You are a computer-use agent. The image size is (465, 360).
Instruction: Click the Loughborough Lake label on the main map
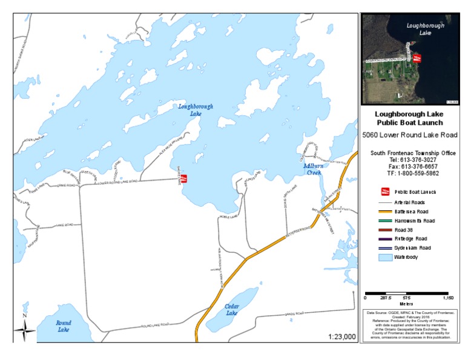tap(196, 110)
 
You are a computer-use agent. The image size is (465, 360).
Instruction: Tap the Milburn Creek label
tap(314, 169)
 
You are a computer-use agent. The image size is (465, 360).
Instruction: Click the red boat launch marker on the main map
tap(185, 178)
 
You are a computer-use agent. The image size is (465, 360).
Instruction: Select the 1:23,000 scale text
tap(341, 337)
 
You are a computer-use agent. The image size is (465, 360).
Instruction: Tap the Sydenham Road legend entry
tap(412, 248)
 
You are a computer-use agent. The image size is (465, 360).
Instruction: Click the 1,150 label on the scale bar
tap(447, 298)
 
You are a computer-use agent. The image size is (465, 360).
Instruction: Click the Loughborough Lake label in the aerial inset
tap(425, 29)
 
